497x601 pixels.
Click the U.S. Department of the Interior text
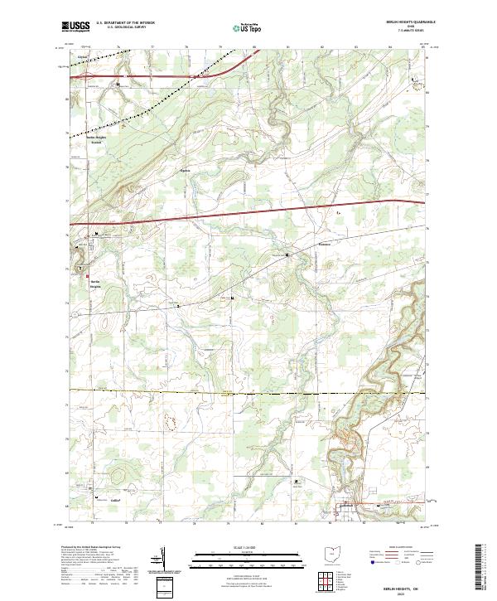point(126,22)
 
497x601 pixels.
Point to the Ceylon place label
point(83,58)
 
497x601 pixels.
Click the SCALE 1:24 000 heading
point(248,547)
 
